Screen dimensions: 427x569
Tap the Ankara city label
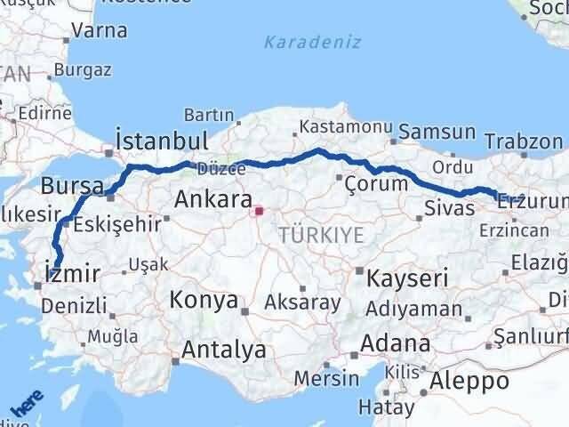click(212, 198)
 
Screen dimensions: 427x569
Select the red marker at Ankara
click(260, 212)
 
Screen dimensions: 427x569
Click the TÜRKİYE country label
click(321, 236)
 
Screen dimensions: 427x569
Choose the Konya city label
click(204, 299)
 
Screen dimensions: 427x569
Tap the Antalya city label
click(223, 350)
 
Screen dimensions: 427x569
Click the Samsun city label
click(437, 132)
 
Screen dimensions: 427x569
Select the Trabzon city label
click(525, 141)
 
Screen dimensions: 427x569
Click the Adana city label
click(398, 343)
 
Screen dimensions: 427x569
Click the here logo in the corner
click(27, 406)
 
